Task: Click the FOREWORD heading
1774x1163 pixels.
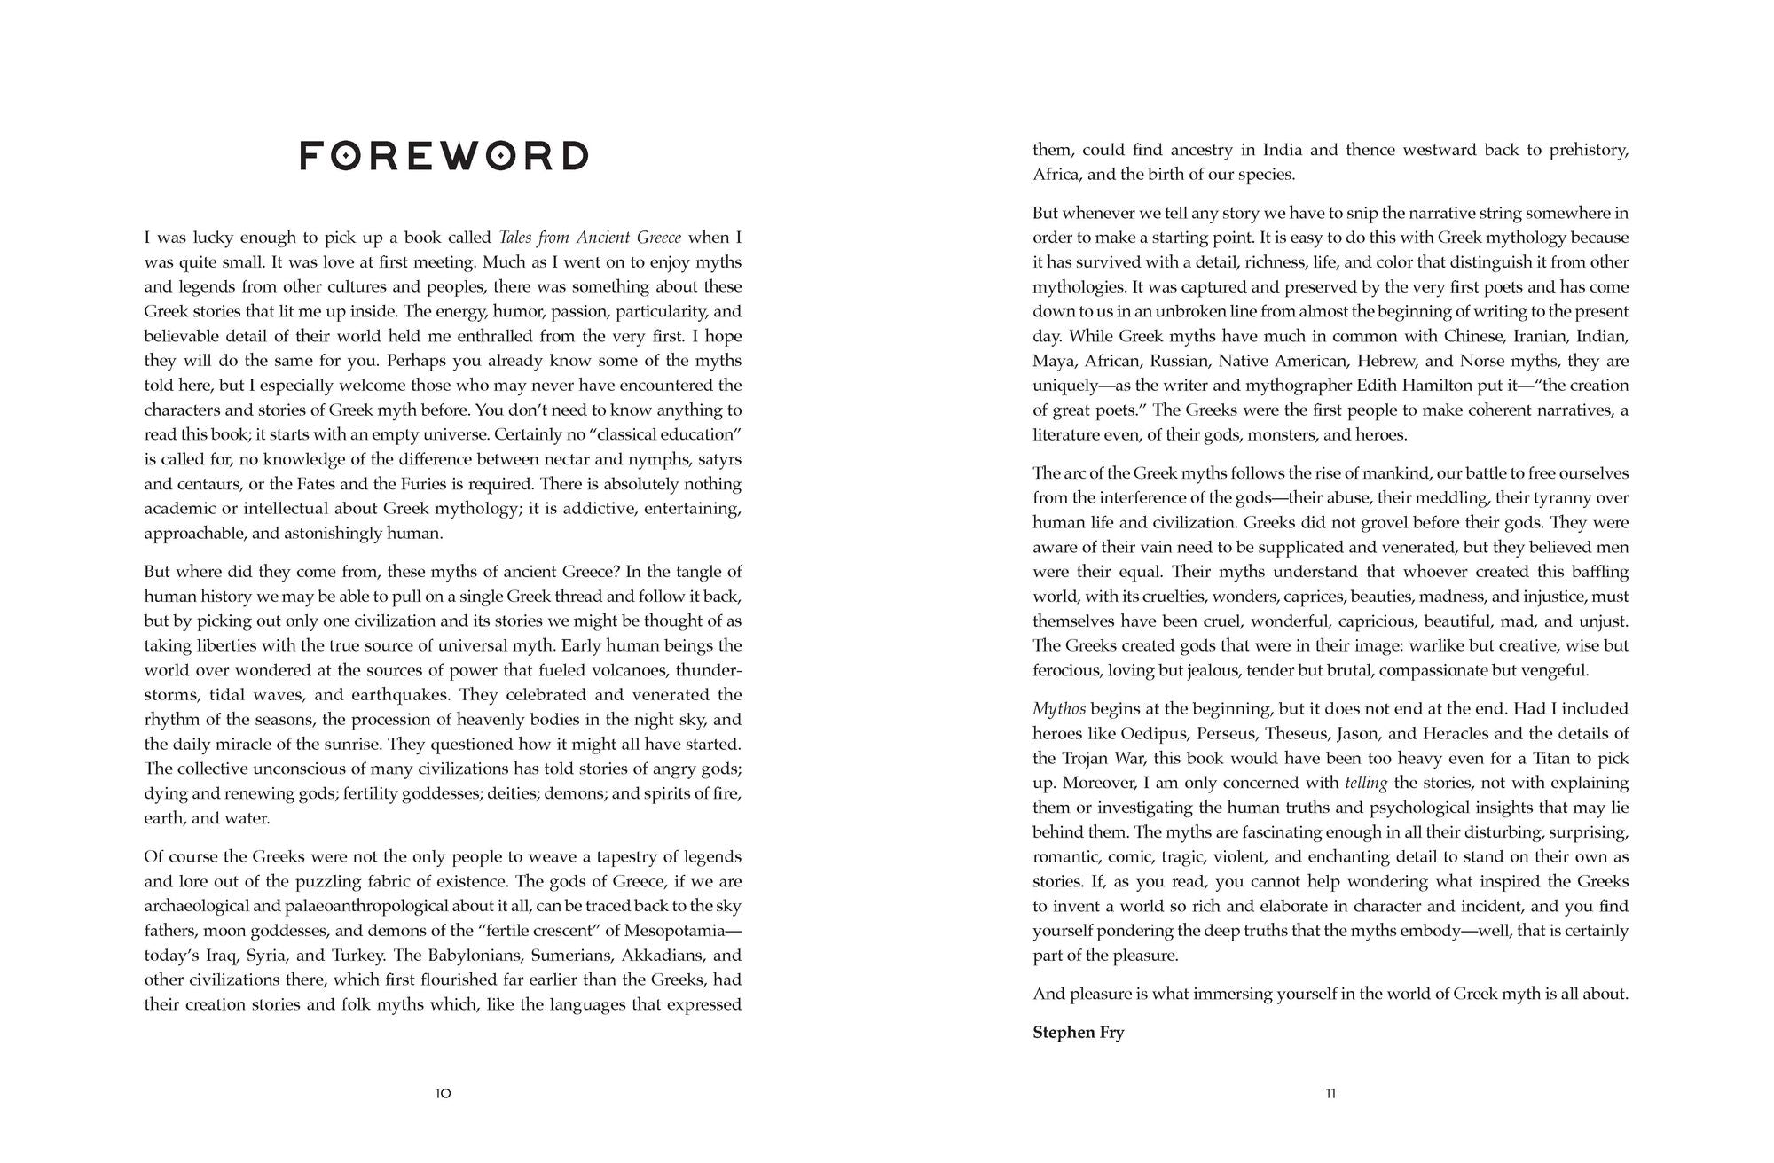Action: (443, 156)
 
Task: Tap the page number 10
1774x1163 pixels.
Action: (443, 1094)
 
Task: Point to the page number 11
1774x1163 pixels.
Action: (1330, 1094)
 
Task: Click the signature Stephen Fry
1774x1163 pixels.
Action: (1078, 1033)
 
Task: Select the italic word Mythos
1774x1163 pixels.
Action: (1059, 709)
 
